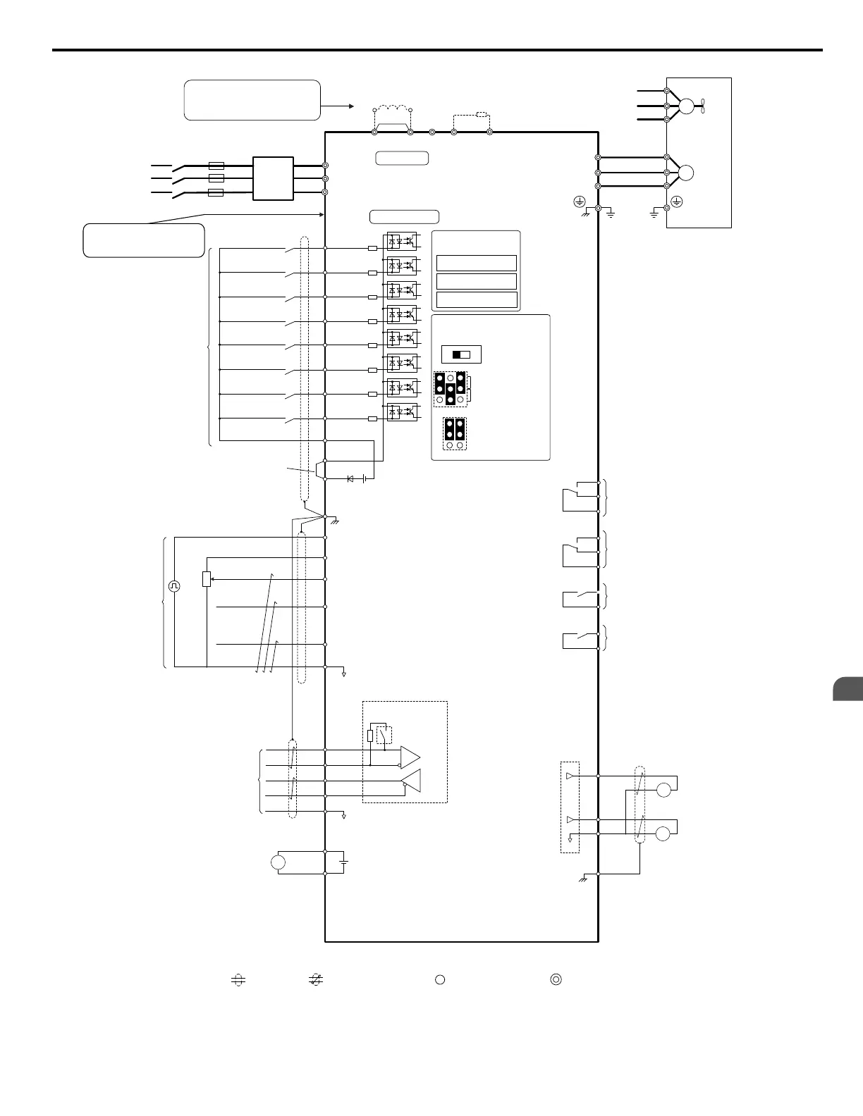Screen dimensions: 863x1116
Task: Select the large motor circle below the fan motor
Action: [x=685, y=173]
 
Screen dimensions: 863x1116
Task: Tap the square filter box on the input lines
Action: [x=273, y=178]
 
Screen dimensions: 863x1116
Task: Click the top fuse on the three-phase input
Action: [x=216, y=166]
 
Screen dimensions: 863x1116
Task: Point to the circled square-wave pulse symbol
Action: [x=174, y=585]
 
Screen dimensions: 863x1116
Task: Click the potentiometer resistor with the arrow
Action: [x=207, y=579]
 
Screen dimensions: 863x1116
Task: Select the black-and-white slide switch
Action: [x=460, y=354]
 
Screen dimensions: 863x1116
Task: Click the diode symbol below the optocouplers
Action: [x=350, y=478]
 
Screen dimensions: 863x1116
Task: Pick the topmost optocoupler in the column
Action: [x=402, y=242]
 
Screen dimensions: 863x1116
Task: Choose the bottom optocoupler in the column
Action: [x=402, y=411]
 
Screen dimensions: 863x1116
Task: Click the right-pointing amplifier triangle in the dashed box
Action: [x=410, y=757]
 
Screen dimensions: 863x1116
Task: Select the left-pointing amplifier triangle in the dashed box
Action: [x=411, y=781]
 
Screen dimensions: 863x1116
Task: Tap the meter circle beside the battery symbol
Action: [x=279, y=862]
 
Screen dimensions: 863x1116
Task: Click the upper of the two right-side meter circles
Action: [x=663, y=790]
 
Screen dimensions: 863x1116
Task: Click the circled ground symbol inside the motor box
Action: [x=676, y=202]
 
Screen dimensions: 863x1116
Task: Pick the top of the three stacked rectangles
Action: [x=477, y=263]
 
